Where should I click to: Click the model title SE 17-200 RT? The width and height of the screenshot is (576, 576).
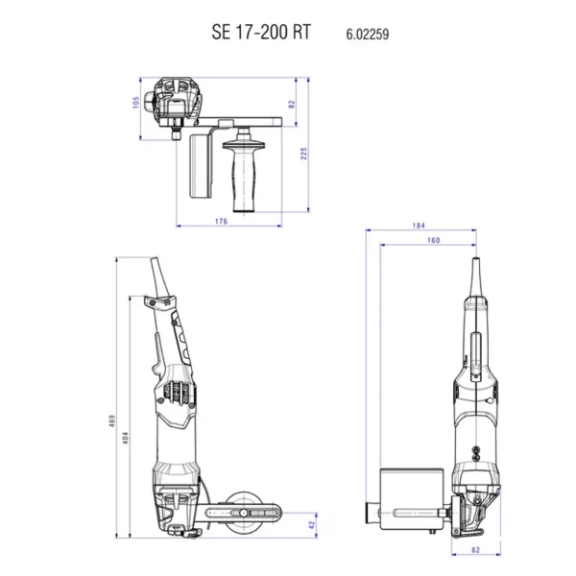click(261, 32)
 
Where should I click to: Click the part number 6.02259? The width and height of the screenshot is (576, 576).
click(368, 35)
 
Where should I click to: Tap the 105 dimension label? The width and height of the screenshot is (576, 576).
click(136, 102)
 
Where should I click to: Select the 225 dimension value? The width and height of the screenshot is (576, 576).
click(303, 154)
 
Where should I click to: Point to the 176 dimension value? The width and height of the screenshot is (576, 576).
click(221, 221)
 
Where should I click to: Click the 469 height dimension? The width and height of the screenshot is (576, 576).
click(112, 421)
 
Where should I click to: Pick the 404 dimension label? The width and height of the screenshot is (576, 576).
click(126, 438)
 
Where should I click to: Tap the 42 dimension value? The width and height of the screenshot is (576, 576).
click(312, 525)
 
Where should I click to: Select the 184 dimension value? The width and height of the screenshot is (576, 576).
click(419, 226)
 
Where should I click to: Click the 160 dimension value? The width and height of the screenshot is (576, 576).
click(434, 240)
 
